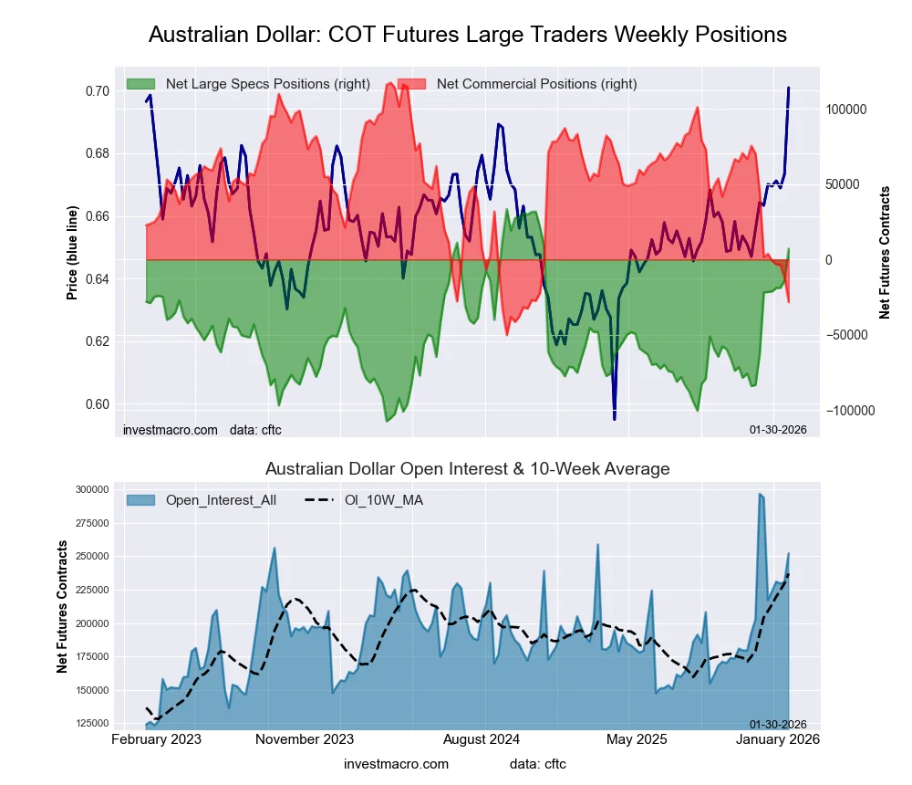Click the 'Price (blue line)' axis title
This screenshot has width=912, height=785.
coord(72,254)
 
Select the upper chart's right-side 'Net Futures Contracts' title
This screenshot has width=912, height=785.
coord(884,253)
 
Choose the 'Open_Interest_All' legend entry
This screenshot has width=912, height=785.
coord(221,500)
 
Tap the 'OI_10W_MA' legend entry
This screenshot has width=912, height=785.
coord(383,500)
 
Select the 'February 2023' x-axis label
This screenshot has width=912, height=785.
coord(157,738)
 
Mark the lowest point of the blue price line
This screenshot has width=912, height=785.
coord(614,419)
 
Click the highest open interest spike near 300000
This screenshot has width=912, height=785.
coord(760,494)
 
